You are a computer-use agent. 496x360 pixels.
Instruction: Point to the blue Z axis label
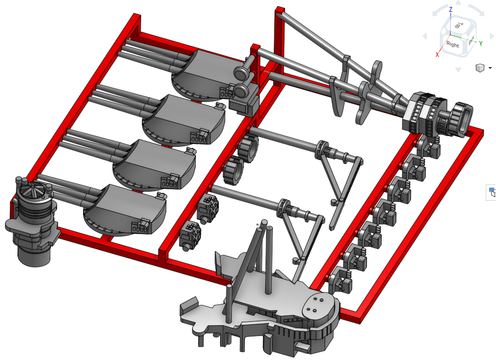click(451, 10)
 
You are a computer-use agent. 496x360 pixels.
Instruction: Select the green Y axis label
click(481, 43)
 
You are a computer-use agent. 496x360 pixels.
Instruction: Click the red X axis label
click(437, 55)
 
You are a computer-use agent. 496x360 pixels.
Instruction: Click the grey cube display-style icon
click(480, 68)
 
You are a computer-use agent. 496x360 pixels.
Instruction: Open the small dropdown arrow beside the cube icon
click(490, 68)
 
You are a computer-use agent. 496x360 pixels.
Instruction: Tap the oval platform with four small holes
click(318, 305)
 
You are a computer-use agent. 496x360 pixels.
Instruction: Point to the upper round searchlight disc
click(242, 73)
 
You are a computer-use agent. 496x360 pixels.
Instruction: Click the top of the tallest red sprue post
click(280, 10)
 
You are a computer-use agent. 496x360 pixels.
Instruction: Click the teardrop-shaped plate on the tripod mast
click(376, 73)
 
